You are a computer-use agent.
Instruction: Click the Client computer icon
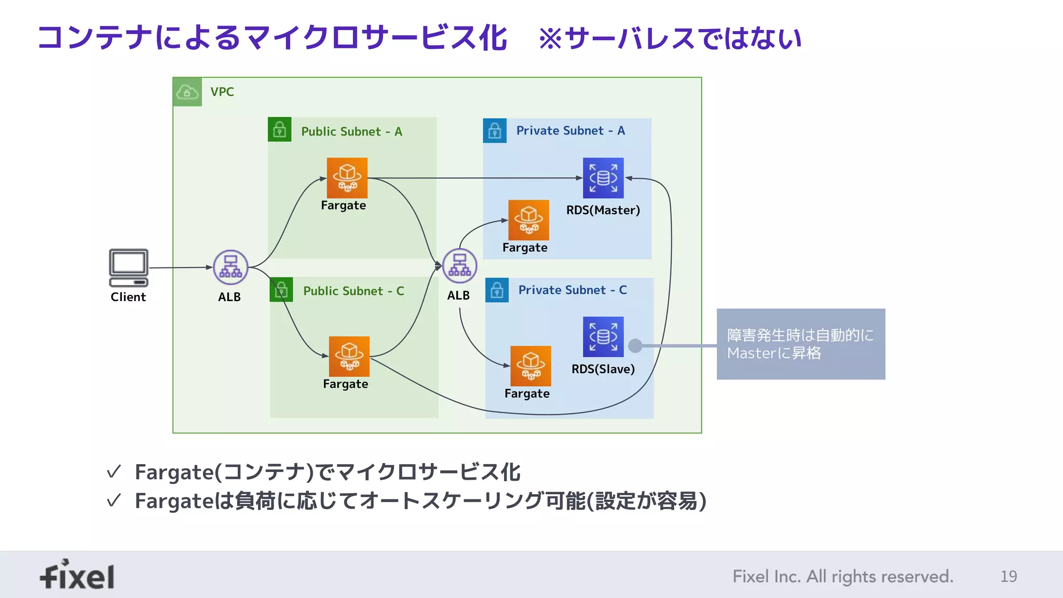coord(128,267)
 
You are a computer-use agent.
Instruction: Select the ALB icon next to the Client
coord(230,267)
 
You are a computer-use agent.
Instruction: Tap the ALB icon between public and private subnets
coord(459,266)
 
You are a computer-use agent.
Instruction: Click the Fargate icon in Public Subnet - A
coord(347,178)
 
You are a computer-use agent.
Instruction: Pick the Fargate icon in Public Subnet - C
coord(349,357)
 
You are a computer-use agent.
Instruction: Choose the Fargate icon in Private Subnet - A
coord(528,220)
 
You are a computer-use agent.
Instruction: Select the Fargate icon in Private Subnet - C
coord(530,366)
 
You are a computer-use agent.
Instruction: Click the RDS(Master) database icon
coord(603,178)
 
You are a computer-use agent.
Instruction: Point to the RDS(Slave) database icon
coord(603,337)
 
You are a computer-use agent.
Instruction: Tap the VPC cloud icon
coord(187,92)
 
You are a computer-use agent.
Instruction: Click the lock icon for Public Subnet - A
coord(279,129)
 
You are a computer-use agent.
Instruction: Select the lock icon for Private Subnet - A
coord(495,130)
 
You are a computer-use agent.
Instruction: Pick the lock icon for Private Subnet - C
coord(497,290)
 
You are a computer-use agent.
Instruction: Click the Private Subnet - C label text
coord(573,290)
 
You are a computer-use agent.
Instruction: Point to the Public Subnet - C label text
coord(353,291)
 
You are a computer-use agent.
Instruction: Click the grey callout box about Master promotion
coord(800,344)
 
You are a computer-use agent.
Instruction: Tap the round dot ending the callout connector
coord(635,346)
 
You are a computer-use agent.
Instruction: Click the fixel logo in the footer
coord(77,575)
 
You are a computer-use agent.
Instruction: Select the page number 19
coord(1009,576)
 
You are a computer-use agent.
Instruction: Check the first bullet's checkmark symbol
coord(114,472)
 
